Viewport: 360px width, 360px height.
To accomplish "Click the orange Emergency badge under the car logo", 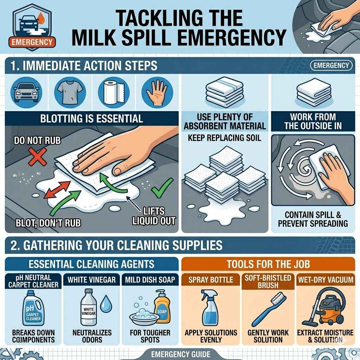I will [32, 42].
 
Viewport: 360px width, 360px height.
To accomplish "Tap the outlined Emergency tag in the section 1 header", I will [331, 65].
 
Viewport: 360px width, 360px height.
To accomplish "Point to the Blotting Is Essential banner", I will [92, 118].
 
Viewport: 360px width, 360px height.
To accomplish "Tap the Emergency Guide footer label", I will [180, 354].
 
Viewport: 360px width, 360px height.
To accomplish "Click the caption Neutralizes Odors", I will [92, 336].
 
